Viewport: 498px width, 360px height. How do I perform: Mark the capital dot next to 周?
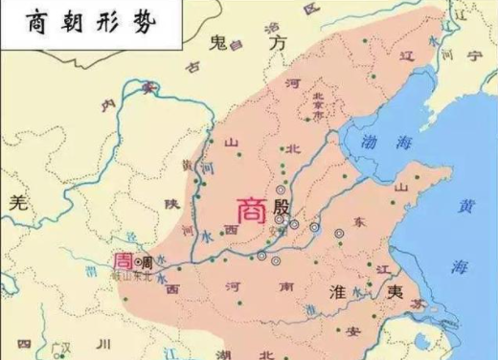(x=138, y=260)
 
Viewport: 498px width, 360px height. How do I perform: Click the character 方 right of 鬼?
(x=278, y=44)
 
